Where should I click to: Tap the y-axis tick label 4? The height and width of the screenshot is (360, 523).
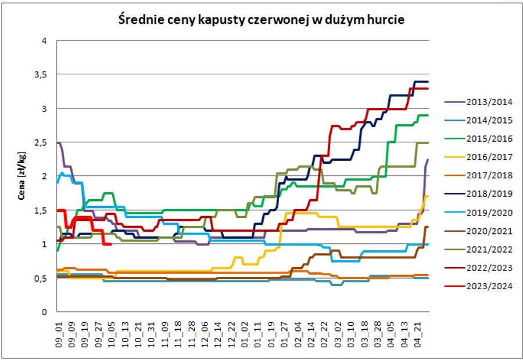point(47,41)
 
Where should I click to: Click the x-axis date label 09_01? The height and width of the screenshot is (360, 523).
point(58,335)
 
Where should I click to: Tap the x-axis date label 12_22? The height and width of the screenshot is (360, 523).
point(231,335)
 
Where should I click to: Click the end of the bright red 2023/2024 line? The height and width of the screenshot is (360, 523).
point(111,244)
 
